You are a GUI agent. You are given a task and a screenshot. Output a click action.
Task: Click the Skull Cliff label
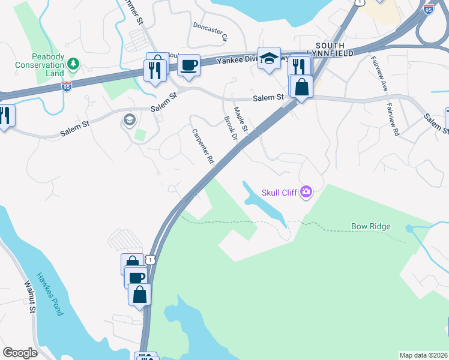pyautogui.click(x=280, y=193)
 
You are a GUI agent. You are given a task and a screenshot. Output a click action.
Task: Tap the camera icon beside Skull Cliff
pyautogui.click(x=307, y=192)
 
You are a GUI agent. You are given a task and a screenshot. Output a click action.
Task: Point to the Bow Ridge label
pyautogui.click(x=371, y=226)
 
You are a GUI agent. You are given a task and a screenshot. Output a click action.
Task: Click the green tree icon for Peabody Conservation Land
pyautogui.click(x=73, y=62)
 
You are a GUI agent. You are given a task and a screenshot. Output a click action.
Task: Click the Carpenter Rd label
pyautogui.click(x=203, y=146)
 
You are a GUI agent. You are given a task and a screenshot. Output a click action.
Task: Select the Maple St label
pyautogui.click(x=241, y=119)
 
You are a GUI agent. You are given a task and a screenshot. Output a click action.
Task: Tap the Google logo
pyautogui.click(x=20, y=353)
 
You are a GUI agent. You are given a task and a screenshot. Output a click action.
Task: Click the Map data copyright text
pyautogui.click(x=423, y=355)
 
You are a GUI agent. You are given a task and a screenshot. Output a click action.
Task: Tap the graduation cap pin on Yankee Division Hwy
pyautogui.click(x=269, y=59)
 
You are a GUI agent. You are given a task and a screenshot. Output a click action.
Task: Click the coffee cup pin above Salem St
pyautogui.click(x=188, y=65)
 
